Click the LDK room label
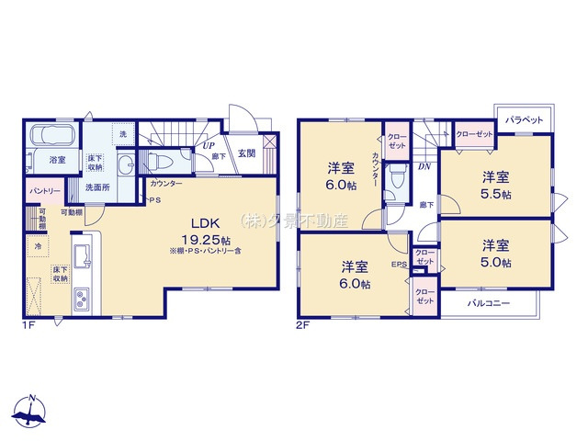(204, 222)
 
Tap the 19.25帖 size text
(204, 238)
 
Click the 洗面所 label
(96, 187)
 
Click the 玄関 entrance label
(246, 153)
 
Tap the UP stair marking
(209, 145)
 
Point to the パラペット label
(524, 120)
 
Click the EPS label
(399, 266)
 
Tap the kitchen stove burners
(81, 299)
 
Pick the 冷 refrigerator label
(38, 247)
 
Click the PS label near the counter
(154, 200)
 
